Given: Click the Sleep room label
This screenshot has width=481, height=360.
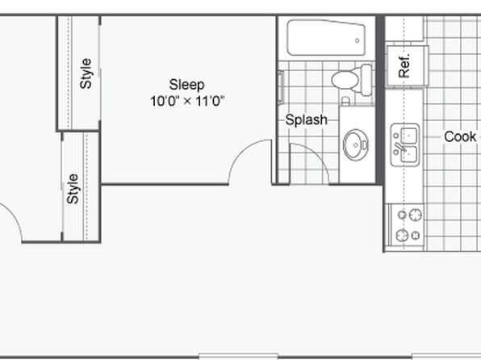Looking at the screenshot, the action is click(x=186, y=85).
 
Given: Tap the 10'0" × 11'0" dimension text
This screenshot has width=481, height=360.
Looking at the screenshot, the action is click(x=187, y=101).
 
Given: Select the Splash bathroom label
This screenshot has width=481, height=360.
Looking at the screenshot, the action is click(x=306, y=119).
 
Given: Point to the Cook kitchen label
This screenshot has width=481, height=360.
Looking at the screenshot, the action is click(x=460, y=136).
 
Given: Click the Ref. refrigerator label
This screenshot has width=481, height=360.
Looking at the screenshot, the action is click(x=404, y=66).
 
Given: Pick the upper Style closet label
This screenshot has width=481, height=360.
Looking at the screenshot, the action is click(x=86, y=73).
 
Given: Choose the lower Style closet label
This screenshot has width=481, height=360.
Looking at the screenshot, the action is click(x=73, y=189).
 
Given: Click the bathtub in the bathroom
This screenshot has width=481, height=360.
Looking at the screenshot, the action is click(x=326, y=38).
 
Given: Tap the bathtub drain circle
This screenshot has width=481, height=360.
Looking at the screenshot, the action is click(x=357, y=40).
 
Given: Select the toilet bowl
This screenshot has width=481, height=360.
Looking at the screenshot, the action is click(x=345, y=80).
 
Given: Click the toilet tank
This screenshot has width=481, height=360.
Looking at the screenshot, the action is click(x=366, y=80).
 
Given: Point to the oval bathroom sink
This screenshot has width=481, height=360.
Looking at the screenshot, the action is click(x=356, y=144).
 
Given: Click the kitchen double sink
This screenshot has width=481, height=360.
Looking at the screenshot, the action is click(x=405, y=144).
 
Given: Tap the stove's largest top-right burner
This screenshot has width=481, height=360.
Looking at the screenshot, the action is click(x=416, y=215).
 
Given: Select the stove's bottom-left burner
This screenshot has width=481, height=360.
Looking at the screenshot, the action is click(x=402, y=236).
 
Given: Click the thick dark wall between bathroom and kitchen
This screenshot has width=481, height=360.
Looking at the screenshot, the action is click(x=380, y=100).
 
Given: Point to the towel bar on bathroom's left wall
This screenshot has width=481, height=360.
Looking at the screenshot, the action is click(x=281, y=87).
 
